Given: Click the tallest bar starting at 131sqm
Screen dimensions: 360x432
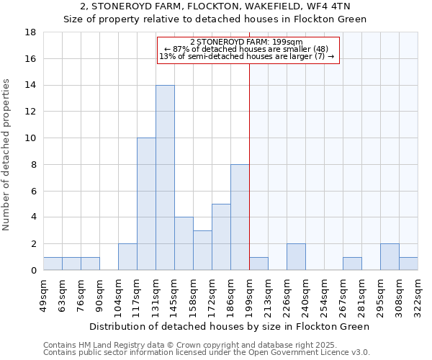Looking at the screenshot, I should tap(165, 178).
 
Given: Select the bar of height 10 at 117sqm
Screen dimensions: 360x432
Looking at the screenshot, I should tap(146, 204).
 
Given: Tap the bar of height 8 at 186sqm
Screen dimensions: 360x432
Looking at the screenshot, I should tap(240, 217).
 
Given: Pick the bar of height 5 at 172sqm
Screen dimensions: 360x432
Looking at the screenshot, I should tap(221, 237).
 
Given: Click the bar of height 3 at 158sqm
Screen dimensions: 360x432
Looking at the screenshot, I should tap(202, 250).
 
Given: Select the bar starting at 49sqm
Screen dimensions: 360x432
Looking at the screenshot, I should tap(53, 264).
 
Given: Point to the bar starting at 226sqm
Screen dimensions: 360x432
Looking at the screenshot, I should tap(296, 257).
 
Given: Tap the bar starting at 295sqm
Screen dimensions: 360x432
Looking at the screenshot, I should tap(390, 257).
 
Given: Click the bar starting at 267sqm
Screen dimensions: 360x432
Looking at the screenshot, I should tap(352, 264).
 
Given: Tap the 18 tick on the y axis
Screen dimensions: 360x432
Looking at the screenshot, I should tap(31, 32).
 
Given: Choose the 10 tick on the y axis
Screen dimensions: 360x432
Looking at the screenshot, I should tap(31, 138).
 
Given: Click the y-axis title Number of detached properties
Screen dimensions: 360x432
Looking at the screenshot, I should tap(7, 151).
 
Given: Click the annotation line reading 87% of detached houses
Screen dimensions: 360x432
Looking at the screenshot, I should tap(247, 49).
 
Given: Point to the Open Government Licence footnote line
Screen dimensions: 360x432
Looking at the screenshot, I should tap(207, 352).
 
